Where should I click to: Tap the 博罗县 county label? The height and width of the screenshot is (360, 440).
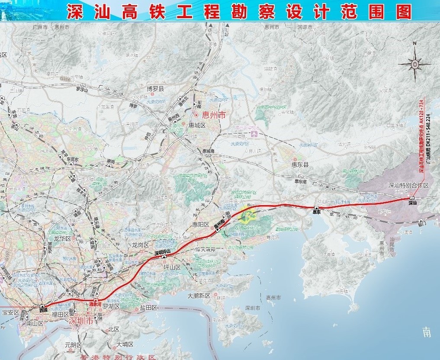tap(155, 88)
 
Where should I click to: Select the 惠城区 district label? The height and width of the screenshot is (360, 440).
tap(197, 125)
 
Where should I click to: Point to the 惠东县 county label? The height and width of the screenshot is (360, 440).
tap(300, 164)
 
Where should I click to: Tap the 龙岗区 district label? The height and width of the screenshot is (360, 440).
tap(141, 245)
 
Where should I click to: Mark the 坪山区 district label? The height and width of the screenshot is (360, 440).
tap(172, 267)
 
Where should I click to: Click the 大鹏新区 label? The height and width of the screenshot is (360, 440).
tap(199, 296)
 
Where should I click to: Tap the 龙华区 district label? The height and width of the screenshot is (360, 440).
tap(62, 238)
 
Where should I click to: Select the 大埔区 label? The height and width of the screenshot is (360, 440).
tap(125, 345)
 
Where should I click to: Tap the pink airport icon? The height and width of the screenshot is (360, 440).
tap(254, 134)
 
